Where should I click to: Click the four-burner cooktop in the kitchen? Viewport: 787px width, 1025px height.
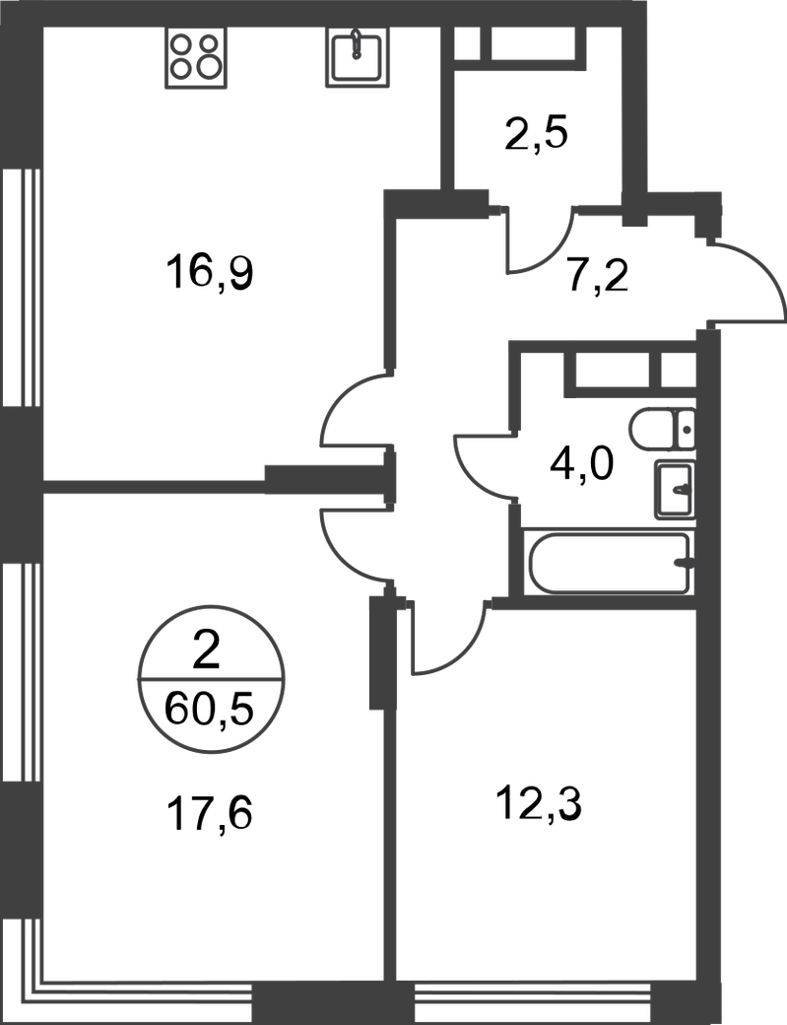200,60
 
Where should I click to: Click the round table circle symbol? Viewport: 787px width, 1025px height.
212,679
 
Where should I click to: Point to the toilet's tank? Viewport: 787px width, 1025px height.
687,430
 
